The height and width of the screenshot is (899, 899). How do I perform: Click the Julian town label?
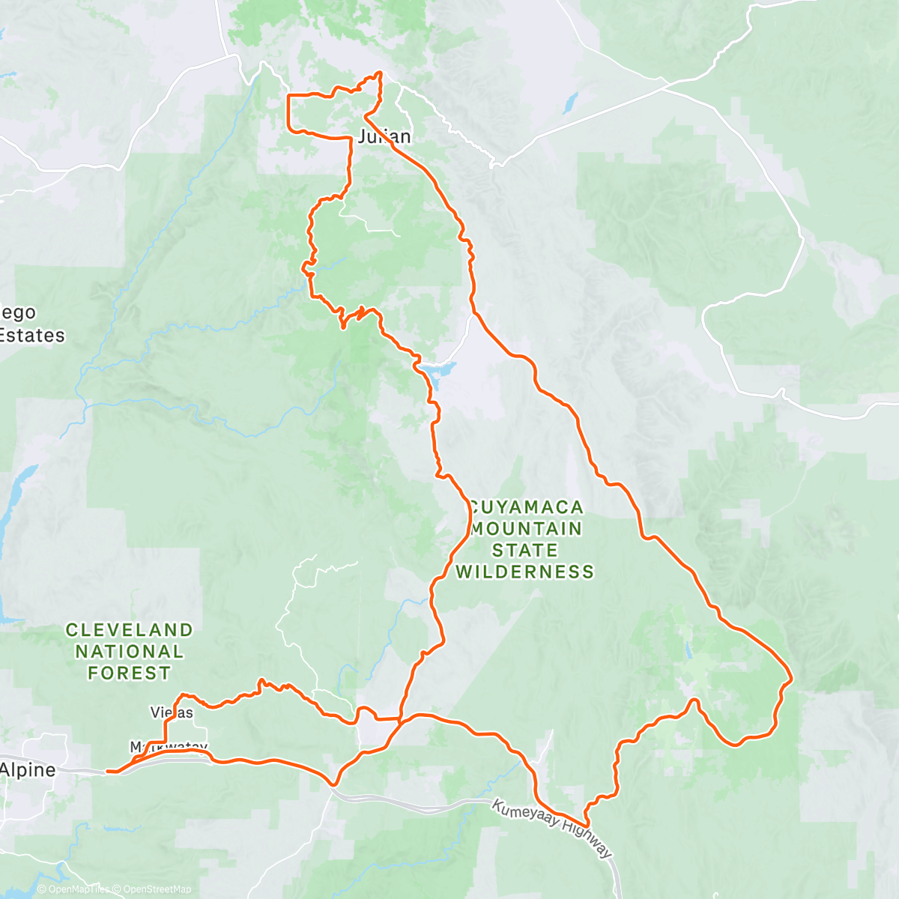click(384, 136)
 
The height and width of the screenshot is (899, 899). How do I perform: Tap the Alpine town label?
click(28, 769)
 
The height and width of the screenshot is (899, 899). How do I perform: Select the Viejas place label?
click(172, 712)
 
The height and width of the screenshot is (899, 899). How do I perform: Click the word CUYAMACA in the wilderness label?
click(525, 507)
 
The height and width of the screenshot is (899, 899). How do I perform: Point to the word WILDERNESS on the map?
click(525, 572)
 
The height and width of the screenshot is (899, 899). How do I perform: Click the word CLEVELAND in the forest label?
click(129, 630)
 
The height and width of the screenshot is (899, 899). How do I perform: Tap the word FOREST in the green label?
click(129, 673)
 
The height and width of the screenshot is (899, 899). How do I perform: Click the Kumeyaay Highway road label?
click(552, 830)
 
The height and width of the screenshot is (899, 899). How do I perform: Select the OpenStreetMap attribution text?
click(154, 889)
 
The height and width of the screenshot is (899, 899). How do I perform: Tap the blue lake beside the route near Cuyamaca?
click(439, 370)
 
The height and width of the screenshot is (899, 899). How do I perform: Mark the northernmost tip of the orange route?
click(380, 72)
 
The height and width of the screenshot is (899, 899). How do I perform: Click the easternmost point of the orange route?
click(791, 680)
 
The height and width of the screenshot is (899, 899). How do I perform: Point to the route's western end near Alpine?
click(109, 770)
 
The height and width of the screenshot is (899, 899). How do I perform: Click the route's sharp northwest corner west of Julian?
click(290, 97)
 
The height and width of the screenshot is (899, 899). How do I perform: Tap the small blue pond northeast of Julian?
click(572, 102)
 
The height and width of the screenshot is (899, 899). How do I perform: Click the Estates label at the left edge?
click(32, 335)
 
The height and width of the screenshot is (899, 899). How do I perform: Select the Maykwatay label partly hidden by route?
click(169, 748)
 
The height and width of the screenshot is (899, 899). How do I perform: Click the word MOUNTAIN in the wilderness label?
click(526, 529)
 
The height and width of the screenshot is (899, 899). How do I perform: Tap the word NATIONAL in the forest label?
click(129, 651)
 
